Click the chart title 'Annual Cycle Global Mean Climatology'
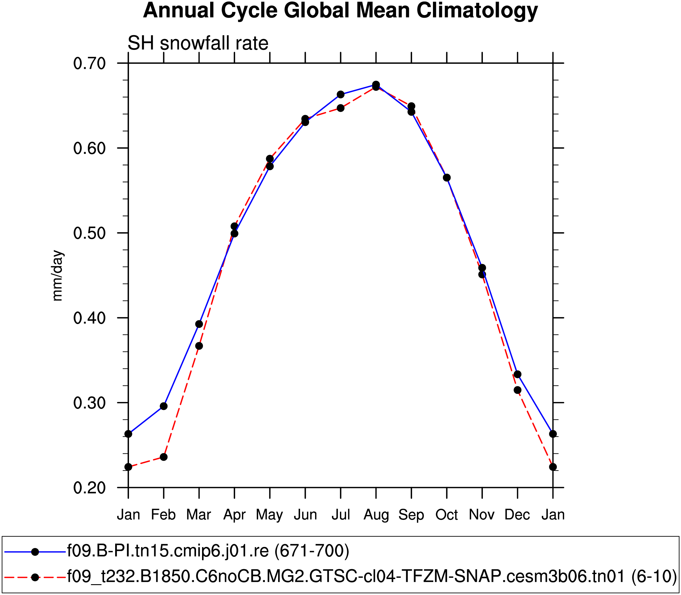coord(340,11)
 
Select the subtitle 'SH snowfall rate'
coord(198,43)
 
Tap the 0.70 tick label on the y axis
coord(89,63)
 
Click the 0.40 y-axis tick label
coord(89,318)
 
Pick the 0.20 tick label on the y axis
coord(89,488)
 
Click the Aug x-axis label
coord(376,515)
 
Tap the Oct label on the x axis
coord(447,515)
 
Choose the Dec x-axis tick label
coord(517,515)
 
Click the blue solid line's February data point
coord(164,406)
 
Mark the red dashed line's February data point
coord(164,457)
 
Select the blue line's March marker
coord(199,324)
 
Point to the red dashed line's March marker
coord(199,346)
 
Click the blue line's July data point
coord(340,95)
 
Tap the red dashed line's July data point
coord(340,108)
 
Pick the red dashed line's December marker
coord(517,390)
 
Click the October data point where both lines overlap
coord(447,178)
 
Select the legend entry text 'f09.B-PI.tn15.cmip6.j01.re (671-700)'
coord(208,551)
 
